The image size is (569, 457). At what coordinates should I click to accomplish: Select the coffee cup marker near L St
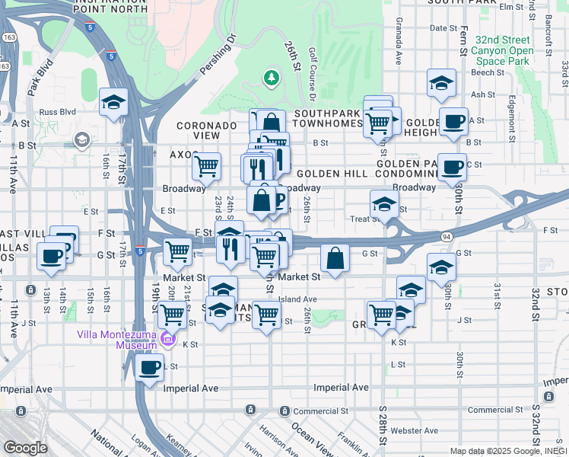149,368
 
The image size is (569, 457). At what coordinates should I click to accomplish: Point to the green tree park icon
271,77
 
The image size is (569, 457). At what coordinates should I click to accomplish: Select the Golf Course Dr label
313,76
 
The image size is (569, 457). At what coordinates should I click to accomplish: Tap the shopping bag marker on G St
335,259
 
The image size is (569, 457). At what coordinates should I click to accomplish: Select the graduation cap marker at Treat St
384,204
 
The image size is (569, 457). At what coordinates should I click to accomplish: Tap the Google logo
25,448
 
